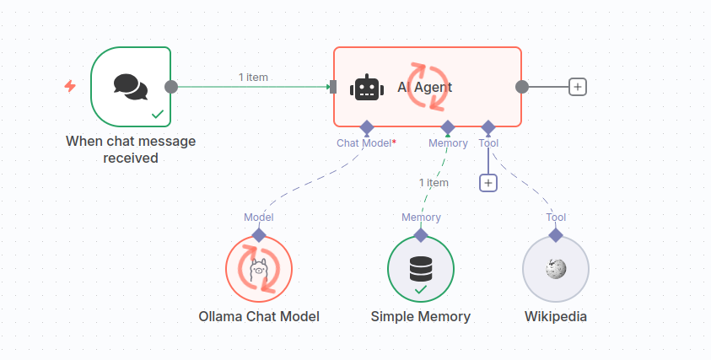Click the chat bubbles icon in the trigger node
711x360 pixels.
pos(131,86)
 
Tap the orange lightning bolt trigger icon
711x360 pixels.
pos(71,86)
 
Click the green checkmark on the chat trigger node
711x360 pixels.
pos(157,113)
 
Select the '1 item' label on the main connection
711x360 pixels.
pos(253,77)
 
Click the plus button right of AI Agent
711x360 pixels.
pos(578,86)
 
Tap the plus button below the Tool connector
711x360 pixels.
pos(488,182)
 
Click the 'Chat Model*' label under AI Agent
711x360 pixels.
pos(366,142)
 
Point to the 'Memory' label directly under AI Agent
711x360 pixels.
pos(448,142)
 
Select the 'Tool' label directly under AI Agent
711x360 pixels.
pos(488,142)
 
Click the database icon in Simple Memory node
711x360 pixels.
pos(420,266)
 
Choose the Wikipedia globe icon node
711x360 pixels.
pos(556,269)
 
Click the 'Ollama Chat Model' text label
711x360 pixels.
pos(259,317)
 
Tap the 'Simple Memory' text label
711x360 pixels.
pos(421,317)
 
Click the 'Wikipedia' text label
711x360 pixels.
pos(556,317)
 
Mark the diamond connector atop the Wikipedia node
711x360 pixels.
pos(556,235)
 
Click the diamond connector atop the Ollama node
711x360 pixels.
pos(259,235)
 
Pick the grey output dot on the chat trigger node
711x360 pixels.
pos(171,86)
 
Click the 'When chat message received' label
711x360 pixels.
pos(131,149)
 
